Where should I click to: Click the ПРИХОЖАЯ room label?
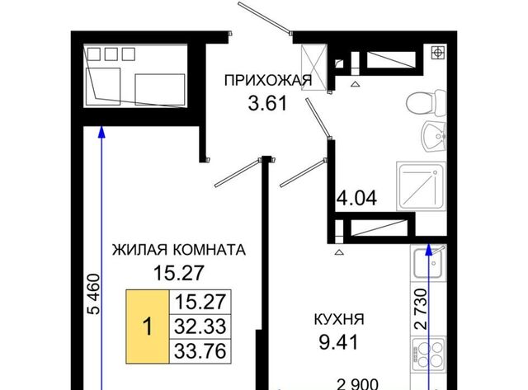coord(268,81)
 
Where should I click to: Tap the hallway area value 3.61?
coord(267,103)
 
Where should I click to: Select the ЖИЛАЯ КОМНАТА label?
coord(179,250)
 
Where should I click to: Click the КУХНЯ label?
coord(339,319)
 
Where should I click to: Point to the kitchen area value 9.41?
coord(339,342)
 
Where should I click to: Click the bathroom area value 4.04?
coord(357,198)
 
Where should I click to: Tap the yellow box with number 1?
coord(148,327)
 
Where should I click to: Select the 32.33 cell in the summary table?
coord(200,327)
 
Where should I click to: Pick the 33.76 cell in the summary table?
coord(200,351)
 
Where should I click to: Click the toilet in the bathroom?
coord(426,102)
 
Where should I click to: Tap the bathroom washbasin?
coord(435,136)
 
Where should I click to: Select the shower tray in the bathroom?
coord(422,186)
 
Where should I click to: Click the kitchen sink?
coord(427,263)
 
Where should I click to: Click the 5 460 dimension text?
coord(93,294)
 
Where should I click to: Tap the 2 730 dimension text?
coord(421,309)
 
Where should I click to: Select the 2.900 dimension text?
coord(358,384)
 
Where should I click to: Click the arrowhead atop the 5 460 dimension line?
coord(101,132)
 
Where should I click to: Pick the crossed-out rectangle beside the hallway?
coord(313,68)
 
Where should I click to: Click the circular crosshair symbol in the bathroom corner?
coord(438,53)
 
